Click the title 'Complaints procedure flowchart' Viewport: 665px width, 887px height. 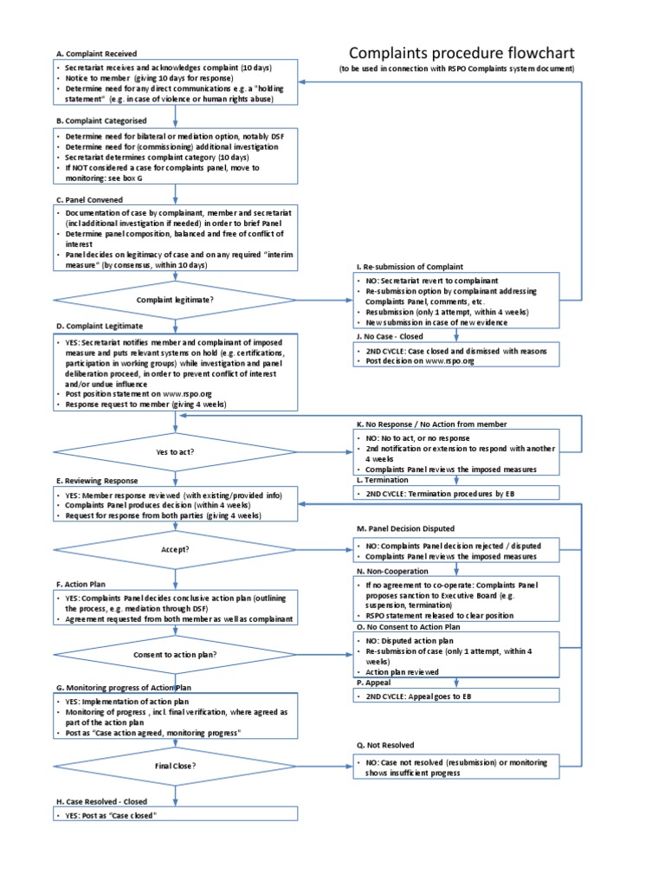click(461, 53)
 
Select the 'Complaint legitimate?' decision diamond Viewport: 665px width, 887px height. click(175, 301)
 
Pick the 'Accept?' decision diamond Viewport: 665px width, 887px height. click(175, 549)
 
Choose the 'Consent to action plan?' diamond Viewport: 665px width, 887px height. click(175, 654)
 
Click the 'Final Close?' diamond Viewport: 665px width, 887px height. click(175, 766)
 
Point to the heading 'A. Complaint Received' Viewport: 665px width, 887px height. click(95, 54)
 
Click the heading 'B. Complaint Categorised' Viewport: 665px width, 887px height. click(100, 120)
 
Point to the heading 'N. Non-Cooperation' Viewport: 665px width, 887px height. click(392, 573)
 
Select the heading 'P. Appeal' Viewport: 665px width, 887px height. click(373, 683)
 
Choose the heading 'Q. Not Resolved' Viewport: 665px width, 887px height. click(385, 745)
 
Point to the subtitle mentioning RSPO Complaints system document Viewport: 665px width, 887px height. click(455, 68)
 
